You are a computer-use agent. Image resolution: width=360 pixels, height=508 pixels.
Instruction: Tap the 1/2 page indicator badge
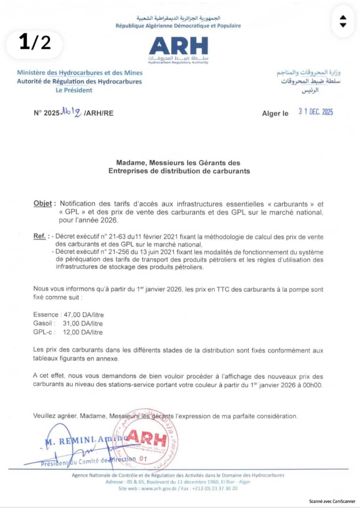click(34, 43)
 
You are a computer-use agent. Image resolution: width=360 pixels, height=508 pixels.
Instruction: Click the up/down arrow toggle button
click(343, 21)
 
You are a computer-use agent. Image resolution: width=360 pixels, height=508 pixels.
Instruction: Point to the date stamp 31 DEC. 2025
click(316, 112)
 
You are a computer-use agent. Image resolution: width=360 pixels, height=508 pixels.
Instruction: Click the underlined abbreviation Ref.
click(40, 236)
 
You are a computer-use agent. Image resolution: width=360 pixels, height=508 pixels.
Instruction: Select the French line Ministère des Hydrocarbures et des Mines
click(80, 73)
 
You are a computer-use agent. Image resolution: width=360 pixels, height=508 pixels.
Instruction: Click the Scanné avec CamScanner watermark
click(332, 501)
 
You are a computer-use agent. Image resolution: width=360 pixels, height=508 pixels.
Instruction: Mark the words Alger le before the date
click(275, 113)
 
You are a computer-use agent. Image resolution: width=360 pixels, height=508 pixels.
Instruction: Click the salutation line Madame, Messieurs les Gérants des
click(178, 163)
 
